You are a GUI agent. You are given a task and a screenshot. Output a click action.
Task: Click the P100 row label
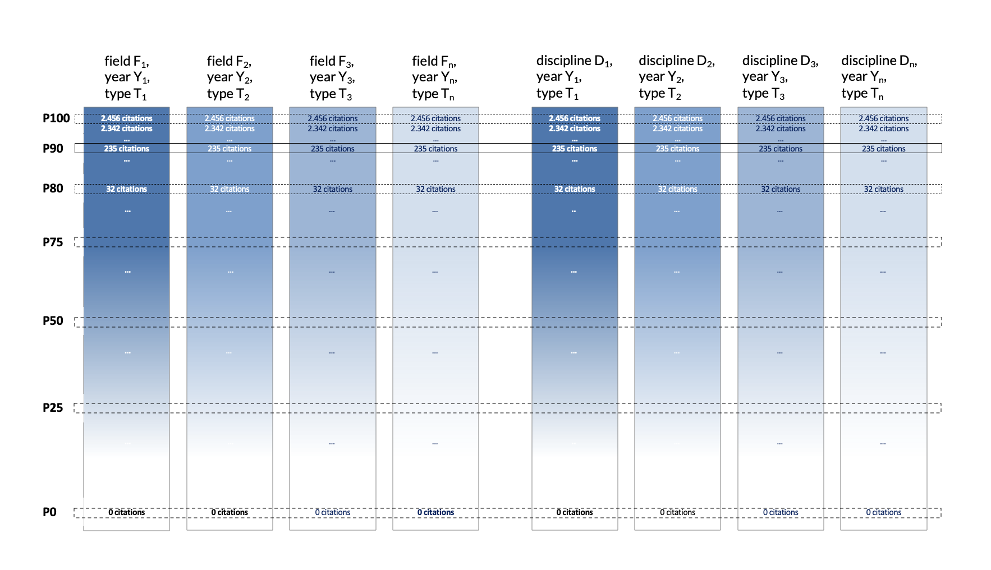[x=56, y=118]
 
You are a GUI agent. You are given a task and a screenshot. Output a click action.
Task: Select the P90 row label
[x=53, y=149]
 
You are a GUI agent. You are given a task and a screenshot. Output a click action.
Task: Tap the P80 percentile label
[x=53, y=189]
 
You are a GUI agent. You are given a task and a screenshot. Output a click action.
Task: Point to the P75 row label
[x=53, y=242]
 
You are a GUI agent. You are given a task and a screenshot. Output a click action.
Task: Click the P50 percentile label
[x=53, y=321]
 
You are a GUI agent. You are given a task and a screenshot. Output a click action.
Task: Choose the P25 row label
[x=53, y=408]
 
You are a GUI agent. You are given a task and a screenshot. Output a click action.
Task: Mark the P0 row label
[x=49, y=512]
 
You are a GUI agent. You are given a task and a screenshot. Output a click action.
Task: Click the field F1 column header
[x=127, y=77]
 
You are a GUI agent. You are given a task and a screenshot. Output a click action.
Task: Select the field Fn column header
[x=434, y=77]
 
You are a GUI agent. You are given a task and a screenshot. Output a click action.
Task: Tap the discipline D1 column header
[x=574, y=77]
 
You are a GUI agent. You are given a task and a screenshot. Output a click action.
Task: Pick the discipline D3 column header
[x=780, y=77]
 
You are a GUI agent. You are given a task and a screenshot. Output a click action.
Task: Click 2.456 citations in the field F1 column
[x=127, y=118]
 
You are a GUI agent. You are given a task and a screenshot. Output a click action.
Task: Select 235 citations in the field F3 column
[x=333, y=149]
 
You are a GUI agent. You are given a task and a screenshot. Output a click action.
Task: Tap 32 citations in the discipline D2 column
[x=677, y=189]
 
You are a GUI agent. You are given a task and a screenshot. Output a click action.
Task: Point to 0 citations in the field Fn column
[x=435, y=512]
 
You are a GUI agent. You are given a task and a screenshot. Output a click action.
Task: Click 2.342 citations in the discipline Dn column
[x=883, y=128]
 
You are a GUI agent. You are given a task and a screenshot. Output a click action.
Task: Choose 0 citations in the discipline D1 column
[x=575, y=512]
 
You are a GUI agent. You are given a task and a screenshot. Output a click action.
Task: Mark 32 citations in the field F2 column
[x=230, y=189]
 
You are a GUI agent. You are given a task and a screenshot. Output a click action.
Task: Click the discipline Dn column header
[x=879, y=77]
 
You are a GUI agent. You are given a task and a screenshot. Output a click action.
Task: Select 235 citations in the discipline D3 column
[x=781, y=149]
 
